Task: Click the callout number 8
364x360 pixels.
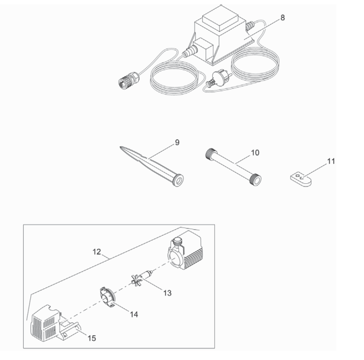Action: coord(282,18)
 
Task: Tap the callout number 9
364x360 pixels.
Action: coord(177,142)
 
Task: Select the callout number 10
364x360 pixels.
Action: coord(255,152)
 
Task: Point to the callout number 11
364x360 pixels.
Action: coord(331,161)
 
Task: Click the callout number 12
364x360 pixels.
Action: coord(97,252)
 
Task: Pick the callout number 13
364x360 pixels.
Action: coord(167,293)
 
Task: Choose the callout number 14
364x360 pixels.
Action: coord(134,315)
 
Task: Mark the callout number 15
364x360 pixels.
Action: coord(92,338)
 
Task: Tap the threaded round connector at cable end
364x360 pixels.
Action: coord(128,80)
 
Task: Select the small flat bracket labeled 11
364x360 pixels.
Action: coord(301,179)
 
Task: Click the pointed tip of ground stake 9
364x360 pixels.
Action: coord(120,147)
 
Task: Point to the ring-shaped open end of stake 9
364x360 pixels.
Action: coord(178,181)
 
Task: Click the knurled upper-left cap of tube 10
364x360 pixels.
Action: coord(211,153)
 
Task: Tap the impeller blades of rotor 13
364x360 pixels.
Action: coord(136,280)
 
